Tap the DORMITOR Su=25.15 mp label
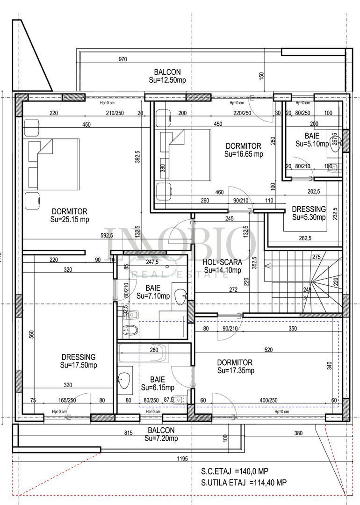(70, 215)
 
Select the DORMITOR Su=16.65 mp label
(243, 150)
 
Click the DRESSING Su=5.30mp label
(309, 213)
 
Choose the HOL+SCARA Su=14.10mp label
(222, 266)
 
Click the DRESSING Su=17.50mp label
(78, 361)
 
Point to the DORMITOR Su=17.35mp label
(235, 367)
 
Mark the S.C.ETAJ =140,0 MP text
(235, 471)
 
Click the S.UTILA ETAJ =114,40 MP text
(244, 482)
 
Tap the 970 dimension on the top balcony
(122, 59)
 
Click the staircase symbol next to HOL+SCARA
(304, 281)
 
